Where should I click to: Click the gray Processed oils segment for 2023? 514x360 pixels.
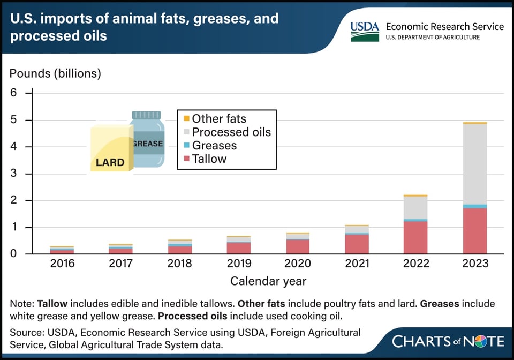pos(475,164)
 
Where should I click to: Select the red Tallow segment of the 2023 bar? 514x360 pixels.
pos(475,231)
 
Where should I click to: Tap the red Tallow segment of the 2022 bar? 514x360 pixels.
pos(415,237)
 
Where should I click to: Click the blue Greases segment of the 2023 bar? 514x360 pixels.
pos(475,206)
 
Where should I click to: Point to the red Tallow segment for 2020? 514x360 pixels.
pos(297,246)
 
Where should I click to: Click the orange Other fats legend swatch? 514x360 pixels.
pos(186,118)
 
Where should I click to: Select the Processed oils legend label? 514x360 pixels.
pos(231,132)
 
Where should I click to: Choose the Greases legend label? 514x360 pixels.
pos(214,145)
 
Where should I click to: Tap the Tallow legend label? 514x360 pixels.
pos(209,159)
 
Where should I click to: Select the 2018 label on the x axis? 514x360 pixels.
pos(180,264)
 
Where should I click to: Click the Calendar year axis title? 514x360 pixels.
pos(268,281)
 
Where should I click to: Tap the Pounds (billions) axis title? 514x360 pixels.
pos(55,73)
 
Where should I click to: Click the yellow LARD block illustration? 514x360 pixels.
pos(110,150)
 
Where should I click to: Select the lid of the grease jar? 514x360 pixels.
pos(146,115)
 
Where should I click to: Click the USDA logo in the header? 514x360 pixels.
pos(365,32)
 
